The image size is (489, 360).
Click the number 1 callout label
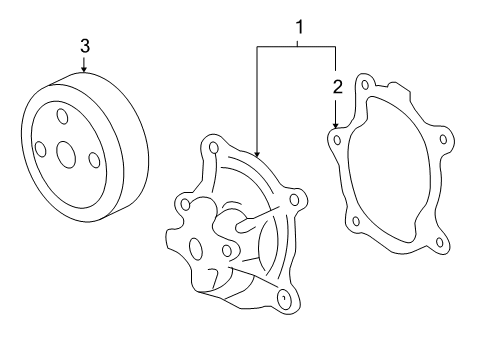pos(298,29)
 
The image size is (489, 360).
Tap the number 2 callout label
pos(337,86)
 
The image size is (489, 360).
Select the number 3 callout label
pos(84,45)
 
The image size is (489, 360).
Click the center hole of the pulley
pos(67,154)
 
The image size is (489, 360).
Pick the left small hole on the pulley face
pos(40,149)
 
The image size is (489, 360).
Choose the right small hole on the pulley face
pos(93,160)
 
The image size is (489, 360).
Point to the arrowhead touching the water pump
pos(257,152)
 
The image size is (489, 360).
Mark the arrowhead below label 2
pos(337,122)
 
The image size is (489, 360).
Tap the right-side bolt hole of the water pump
pos(293,200)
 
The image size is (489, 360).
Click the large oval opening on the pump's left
pos(196,248)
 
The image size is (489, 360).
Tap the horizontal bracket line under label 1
pos(298,46)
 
